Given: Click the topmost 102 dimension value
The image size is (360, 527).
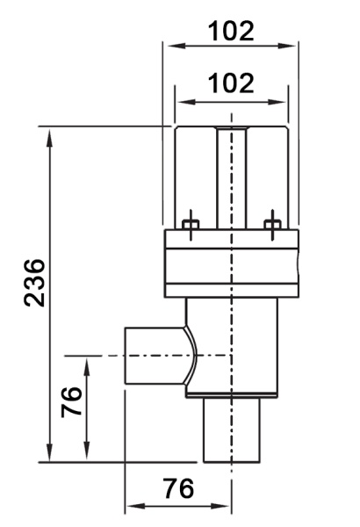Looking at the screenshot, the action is (231, 32).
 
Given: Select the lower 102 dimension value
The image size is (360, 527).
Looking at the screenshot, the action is (231, 83).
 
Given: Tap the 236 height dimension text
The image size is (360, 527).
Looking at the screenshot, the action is (34, 283).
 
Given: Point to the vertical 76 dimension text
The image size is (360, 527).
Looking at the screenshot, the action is (71, 402).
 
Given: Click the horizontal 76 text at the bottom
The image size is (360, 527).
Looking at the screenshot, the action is (178, 488).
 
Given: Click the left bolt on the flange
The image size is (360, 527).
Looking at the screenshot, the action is (191, 225).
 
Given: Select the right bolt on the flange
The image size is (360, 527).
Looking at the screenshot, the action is (272, 225).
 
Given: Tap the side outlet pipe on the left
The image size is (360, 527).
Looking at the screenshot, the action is (155, 355).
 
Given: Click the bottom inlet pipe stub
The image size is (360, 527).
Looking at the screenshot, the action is (232, 430).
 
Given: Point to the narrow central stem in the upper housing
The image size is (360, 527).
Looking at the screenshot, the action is (231, 177).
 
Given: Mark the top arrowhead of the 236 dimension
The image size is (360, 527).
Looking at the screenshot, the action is (50, 137).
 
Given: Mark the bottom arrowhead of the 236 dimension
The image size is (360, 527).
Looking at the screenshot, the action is (50, 452).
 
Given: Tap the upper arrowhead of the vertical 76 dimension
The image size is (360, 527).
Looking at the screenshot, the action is (86, 367).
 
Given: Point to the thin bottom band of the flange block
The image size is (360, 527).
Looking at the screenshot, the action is (232, 291).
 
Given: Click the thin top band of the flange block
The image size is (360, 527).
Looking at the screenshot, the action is (232, 239).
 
